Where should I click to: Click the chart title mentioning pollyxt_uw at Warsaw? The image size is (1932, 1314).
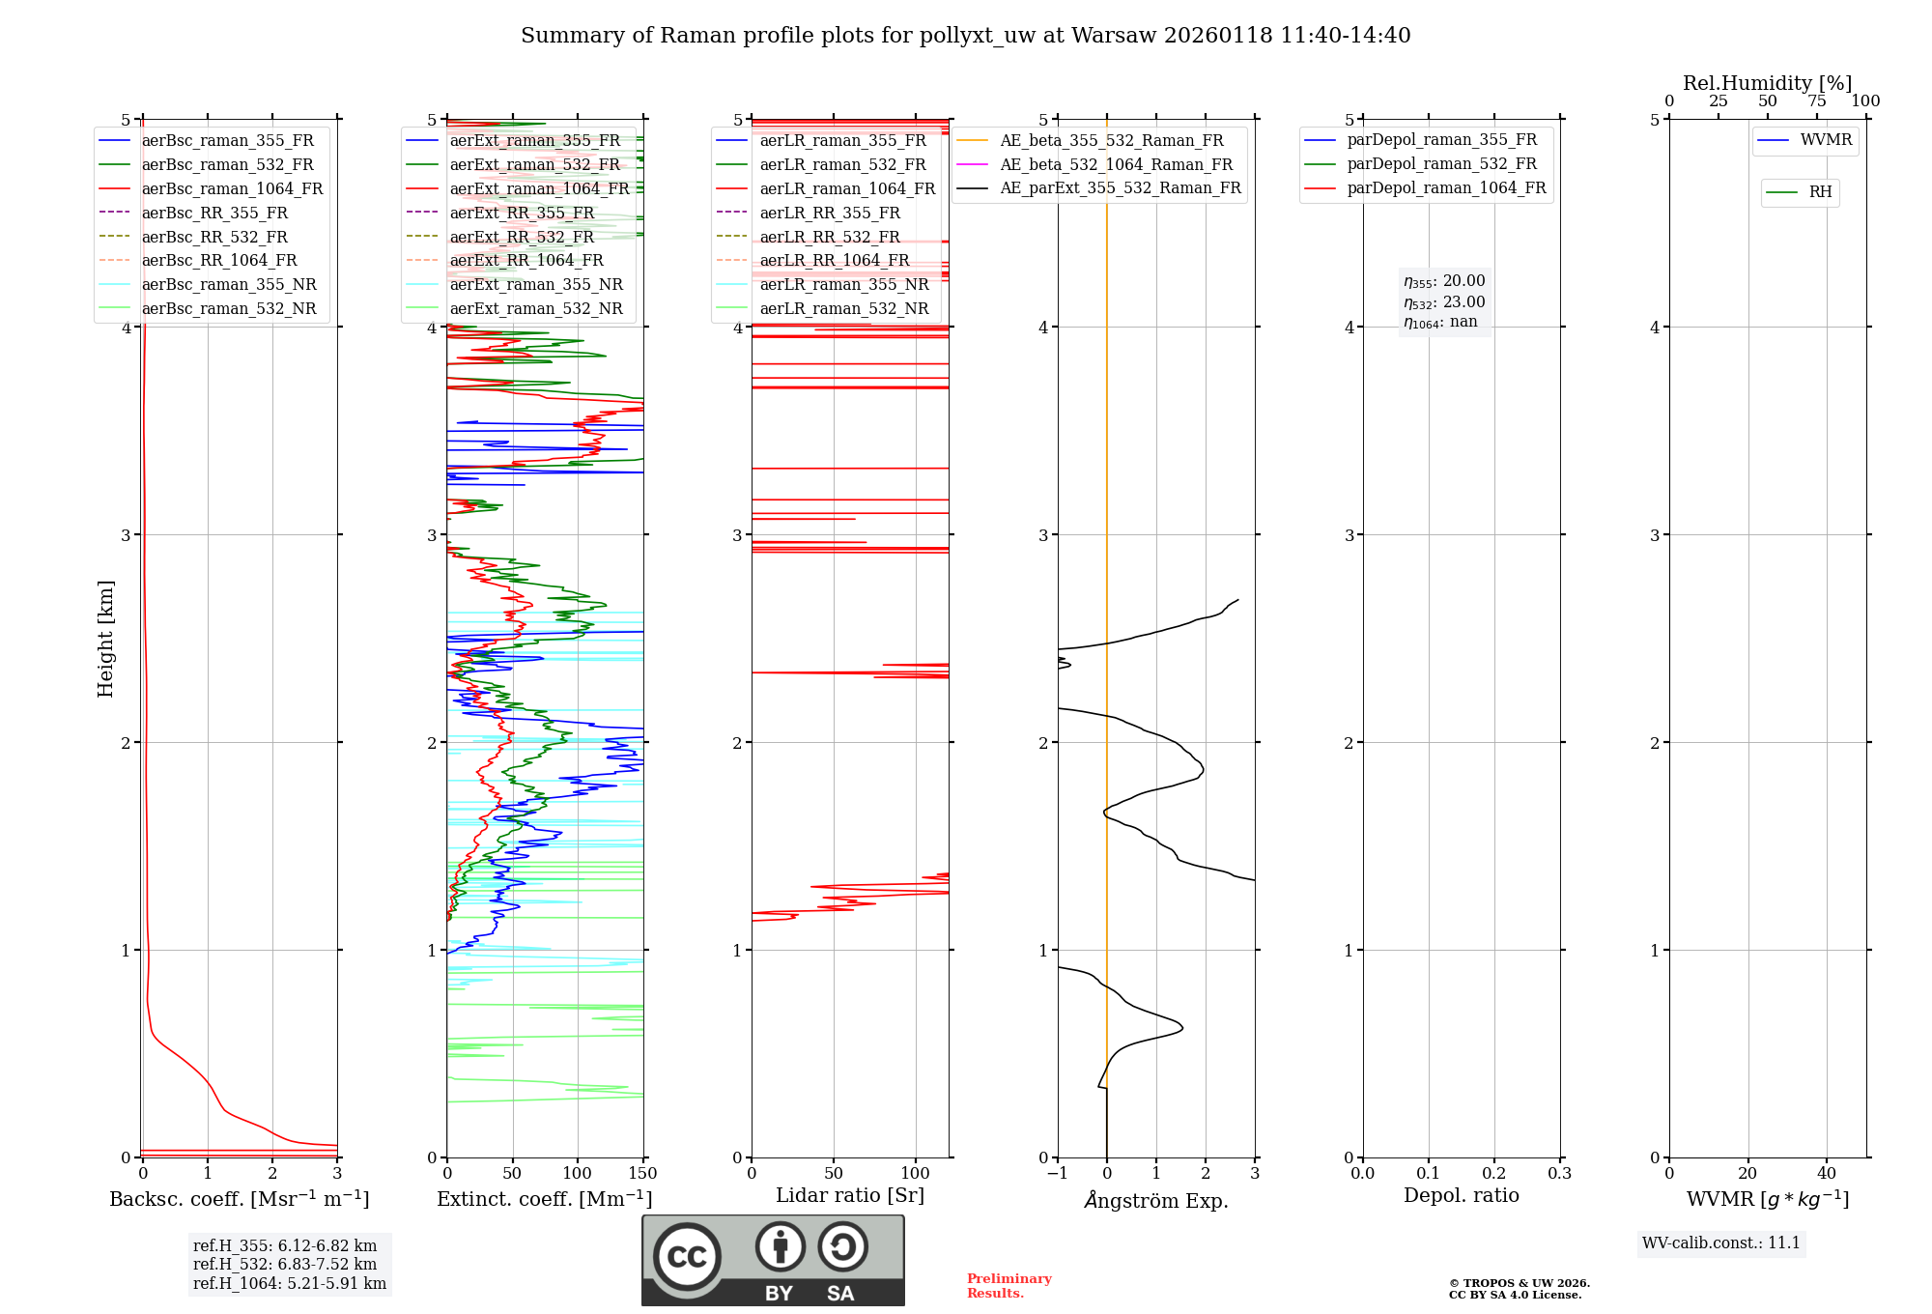pos(965,36)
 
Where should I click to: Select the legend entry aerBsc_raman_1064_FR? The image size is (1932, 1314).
pos(232,189)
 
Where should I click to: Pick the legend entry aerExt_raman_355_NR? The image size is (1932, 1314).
pos(536,285)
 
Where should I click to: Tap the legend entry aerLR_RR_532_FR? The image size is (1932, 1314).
pos(830,237)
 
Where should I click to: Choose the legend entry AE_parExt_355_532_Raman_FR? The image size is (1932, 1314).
pos(1120,188)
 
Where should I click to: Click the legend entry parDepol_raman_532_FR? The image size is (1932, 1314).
pos(1441,164)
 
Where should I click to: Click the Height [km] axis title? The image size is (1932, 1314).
pos(105,639)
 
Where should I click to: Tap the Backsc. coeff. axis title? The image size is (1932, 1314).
pos(239,1199)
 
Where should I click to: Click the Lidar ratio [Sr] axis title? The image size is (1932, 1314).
pos(850,1196)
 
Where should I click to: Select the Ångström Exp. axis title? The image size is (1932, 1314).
pos(1156,1201)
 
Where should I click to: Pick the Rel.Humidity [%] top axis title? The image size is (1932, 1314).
pos(1767,83)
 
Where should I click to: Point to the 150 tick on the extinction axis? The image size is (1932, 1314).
pos(642,1174)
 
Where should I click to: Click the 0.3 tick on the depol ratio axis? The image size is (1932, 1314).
pos(1559,1174)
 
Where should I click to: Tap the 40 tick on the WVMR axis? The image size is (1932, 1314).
pos(1826,1174)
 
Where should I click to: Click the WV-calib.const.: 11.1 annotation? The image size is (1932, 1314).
pos(1720,1243)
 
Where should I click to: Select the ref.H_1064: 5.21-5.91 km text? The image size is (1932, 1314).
pos(290,1284)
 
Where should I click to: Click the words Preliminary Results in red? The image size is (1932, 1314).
pos(1009,1286)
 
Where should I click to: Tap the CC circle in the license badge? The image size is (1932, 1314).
pos(687,1257)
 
